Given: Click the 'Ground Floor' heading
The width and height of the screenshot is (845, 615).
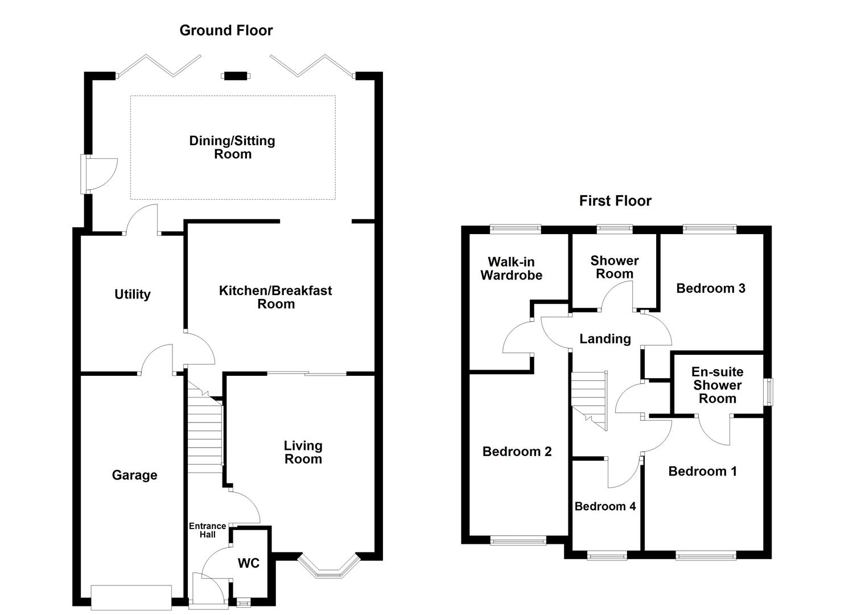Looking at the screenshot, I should coord(226,30).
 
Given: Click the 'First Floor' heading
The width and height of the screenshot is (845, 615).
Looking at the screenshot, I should coord(615,200).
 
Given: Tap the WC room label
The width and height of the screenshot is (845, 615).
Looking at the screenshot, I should coord(248,563).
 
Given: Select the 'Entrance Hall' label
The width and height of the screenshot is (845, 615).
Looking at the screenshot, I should coord(207,530).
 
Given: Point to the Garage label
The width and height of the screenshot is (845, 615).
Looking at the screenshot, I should coord(134,475).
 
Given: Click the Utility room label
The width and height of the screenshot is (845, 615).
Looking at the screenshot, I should coord(132,294).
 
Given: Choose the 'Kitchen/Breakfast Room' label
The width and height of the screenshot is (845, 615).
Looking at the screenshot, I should coord(275,297).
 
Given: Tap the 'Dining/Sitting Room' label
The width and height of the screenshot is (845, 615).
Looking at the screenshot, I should coord(232,147).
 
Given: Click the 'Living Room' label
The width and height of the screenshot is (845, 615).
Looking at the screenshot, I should coord(303,452).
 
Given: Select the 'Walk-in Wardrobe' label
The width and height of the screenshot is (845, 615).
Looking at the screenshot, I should coord(511,268).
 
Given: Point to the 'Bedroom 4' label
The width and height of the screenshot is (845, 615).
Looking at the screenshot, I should coord(605,506).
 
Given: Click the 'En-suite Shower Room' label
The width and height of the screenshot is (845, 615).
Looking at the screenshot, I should coord(717,385).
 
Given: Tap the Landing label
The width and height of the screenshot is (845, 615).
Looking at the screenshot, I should coord(605,339).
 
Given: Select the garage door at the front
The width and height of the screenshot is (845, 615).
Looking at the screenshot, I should coord(131,597).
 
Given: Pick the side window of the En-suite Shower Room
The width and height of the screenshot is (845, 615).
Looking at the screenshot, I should coord(769,392).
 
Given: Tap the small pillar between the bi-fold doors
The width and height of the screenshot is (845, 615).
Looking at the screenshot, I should coord(236,76).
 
